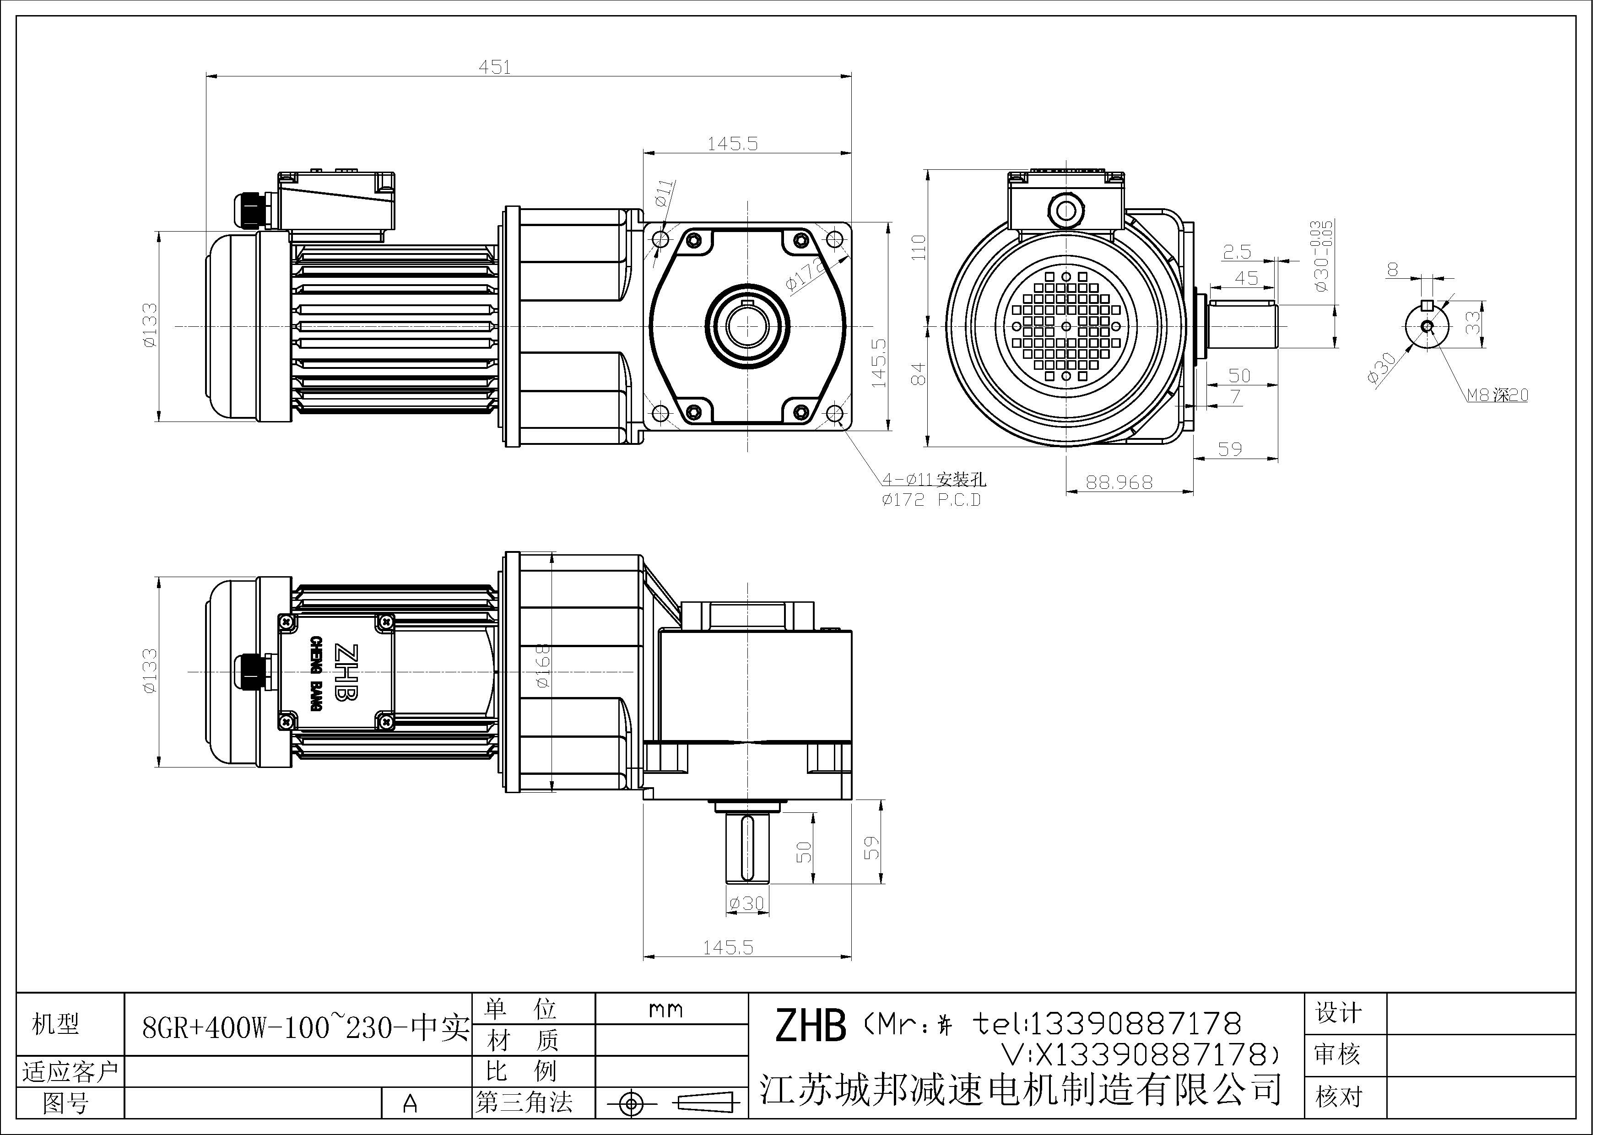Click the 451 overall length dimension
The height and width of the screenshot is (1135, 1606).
[x=495, y=67]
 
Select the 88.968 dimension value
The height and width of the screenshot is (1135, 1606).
[x=1119, y=482]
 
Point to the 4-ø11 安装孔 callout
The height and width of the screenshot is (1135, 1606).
[x=934, y=480]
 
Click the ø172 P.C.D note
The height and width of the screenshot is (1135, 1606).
[x=931, y=500]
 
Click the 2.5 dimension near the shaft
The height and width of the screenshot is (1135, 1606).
[x=1237, y=252]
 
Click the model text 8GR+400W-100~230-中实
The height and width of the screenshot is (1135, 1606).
[x=305, y=1027]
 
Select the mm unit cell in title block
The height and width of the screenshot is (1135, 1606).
[x=665, y=1010]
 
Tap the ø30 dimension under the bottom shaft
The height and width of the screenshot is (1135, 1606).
[x=746, y=903]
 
